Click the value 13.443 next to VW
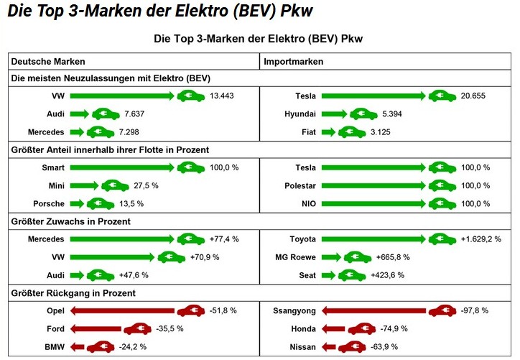pyautogui.click(x=223, y=96)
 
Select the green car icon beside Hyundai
pyautogui.click(x=363, y=114)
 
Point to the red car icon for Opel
pyautogui.click(x=190, y=311)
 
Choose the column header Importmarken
pyautogui.click(x=294, y=62)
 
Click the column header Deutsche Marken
pyautogui.click(x=43, y=62)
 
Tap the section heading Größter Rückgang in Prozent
pyautogui.click(x=73, y=293)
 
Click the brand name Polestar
pyautogui.click(x=300, y=185)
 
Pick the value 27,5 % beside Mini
pyautogui.click(x=145, y=185)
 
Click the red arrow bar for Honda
pyautogui.click(x=333, y=329)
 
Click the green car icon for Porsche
pyautogui.click(x=101, y=203)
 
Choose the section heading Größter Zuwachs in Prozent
pyautogui.click(x=70, y=221)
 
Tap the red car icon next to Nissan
pyautogui.click(x=352, y=347)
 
